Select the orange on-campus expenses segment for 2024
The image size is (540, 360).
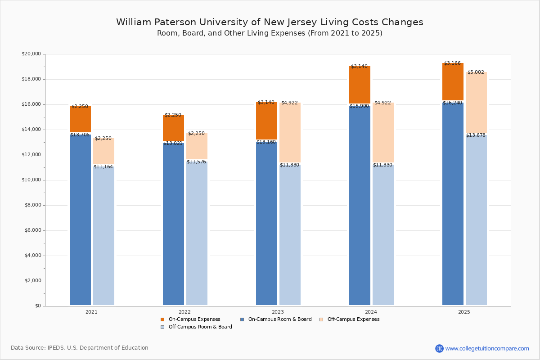pyautogui.click(x=360, y=85)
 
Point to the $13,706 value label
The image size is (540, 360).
pyautogui.click(x=80, y=135)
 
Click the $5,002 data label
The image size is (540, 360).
pyautogui.click(x=476, y=72)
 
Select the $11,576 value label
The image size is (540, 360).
pyautogui.click(x=196, y=162)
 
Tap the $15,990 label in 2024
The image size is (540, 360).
pyautogui.click(x=359, y=106)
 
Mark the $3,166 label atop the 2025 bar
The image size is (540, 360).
pyautogui.click(x=452, y=63)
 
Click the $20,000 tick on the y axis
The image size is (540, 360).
pyautogui.click(x=31, y=54)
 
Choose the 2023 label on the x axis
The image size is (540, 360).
pyautogui.click(x=278, y=312)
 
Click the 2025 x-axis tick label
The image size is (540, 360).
pyautogui.click(x=464, y=312)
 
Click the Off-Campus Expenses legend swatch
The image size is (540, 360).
pyautogui.click(x=321, y=319)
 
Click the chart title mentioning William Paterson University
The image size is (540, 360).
pyautogui.click(x=270, y=22)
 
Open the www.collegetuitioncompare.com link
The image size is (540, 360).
pyautogui.click(x=487, y=348)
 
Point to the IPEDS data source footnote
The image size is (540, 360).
pyautogui.click(x=80, y=348)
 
